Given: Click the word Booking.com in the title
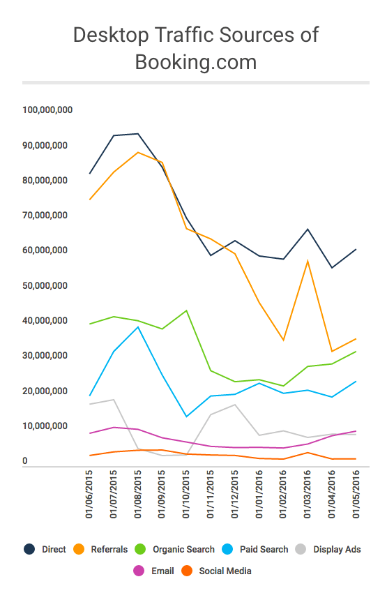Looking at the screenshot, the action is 196,62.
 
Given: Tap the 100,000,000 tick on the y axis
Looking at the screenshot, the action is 47,110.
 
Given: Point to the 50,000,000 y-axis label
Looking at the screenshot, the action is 45,285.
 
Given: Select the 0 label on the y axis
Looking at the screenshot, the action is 25,460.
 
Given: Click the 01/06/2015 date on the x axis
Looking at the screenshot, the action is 89,494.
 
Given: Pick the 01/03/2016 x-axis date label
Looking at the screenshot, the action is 308,494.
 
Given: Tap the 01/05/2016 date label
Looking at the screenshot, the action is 356,494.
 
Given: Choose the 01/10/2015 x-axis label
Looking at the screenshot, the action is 186,494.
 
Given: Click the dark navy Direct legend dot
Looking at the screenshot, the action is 29,549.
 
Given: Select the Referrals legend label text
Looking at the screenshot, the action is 109,549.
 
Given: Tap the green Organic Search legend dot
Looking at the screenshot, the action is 140,549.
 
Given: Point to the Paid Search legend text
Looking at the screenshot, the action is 264,549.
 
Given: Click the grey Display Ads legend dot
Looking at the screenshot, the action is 301,549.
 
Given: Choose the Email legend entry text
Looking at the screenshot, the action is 162,571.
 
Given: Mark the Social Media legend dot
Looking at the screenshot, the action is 187,571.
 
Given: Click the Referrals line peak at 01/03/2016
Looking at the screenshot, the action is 308,261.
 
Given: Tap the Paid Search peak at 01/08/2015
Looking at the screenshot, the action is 138,326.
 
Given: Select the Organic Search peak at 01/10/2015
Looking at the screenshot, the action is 186,310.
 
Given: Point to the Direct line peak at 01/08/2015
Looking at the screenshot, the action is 138,133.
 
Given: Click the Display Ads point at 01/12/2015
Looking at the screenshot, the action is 235,405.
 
